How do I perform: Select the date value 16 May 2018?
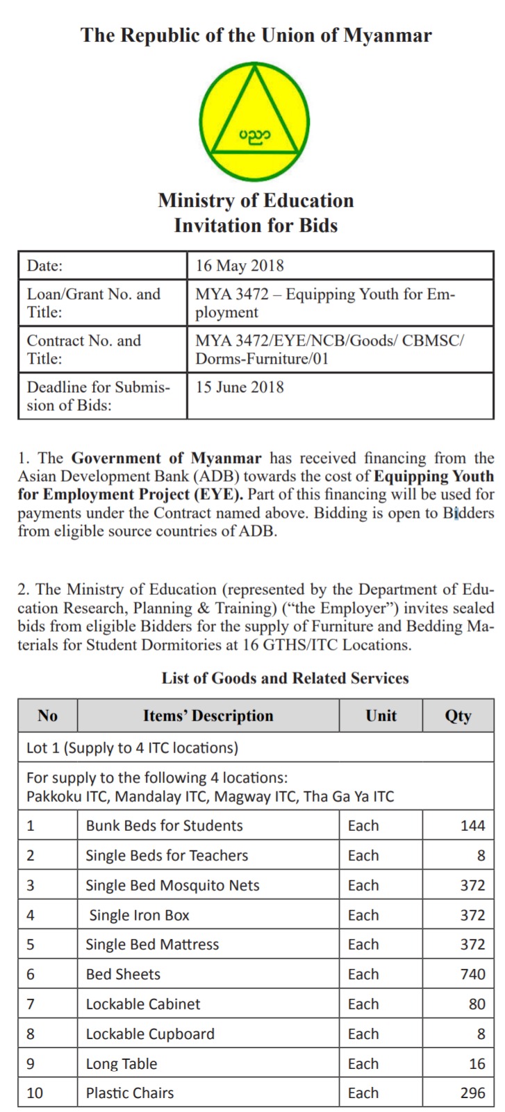pyautogui.click(x=240, y=265)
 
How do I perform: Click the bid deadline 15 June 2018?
pyautogui.click(x=240, y=387)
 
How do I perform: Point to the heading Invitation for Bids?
pyautogui.click(x=256, y=226)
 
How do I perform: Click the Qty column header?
pyautogui.click(x=458, y=716)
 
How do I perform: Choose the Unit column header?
pyautogui.click(x=381, y=716)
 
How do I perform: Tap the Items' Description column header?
pyautogui.click(x=208, y=716)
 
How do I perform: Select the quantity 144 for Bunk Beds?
pyautogui.click(x=472, y=825)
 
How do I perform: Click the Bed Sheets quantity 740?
pyautogui.click(x=472, y=974)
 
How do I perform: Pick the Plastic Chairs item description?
pyautogui.click(x=130, y=1093)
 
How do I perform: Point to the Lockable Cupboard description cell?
pyautogui.click(x=150, y=1034)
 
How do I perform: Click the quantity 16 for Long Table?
pyautogui.click(x=477, y=1063)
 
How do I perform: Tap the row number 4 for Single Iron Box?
pyautogui.click(x=31, y=915)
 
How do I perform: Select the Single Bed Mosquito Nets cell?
pyautogui.click(x=172, y=885)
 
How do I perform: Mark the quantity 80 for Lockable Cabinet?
pyautogui.click(x=477, y=1004)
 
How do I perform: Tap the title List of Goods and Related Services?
pyautogui.click(x=285, y=678)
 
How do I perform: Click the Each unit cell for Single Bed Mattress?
pyautogui.click(x=363, y=944)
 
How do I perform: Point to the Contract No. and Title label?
pyautogui.click(x=84, y=349)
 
